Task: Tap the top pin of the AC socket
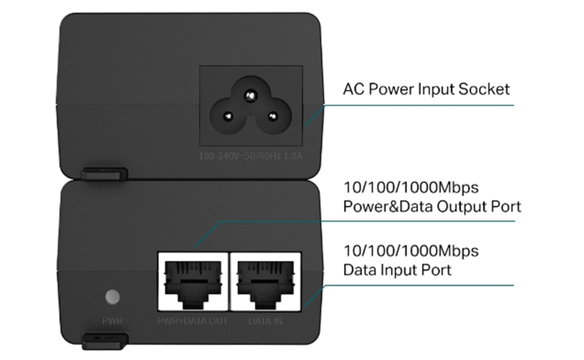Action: point(251,94)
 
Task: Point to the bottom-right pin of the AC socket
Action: point(272,116)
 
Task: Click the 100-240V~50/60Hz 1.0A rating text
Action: point(251,156)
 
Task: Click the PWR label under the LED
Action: point(112,321)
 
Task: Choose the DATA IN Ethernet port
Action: point(266,282)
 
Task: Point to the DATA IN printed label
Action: point(266,321)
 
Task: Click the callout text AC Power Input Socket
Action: point(426,89)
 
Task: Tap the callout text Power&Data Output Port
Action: point(432,206)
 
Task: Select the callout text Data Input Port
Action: point(397,270)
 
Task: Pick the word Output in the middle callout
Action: point(458,206)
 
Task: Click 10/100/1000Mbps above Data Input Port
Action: point(411,251)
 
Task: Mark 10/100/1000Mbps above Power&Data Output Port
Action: point(411,188)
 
